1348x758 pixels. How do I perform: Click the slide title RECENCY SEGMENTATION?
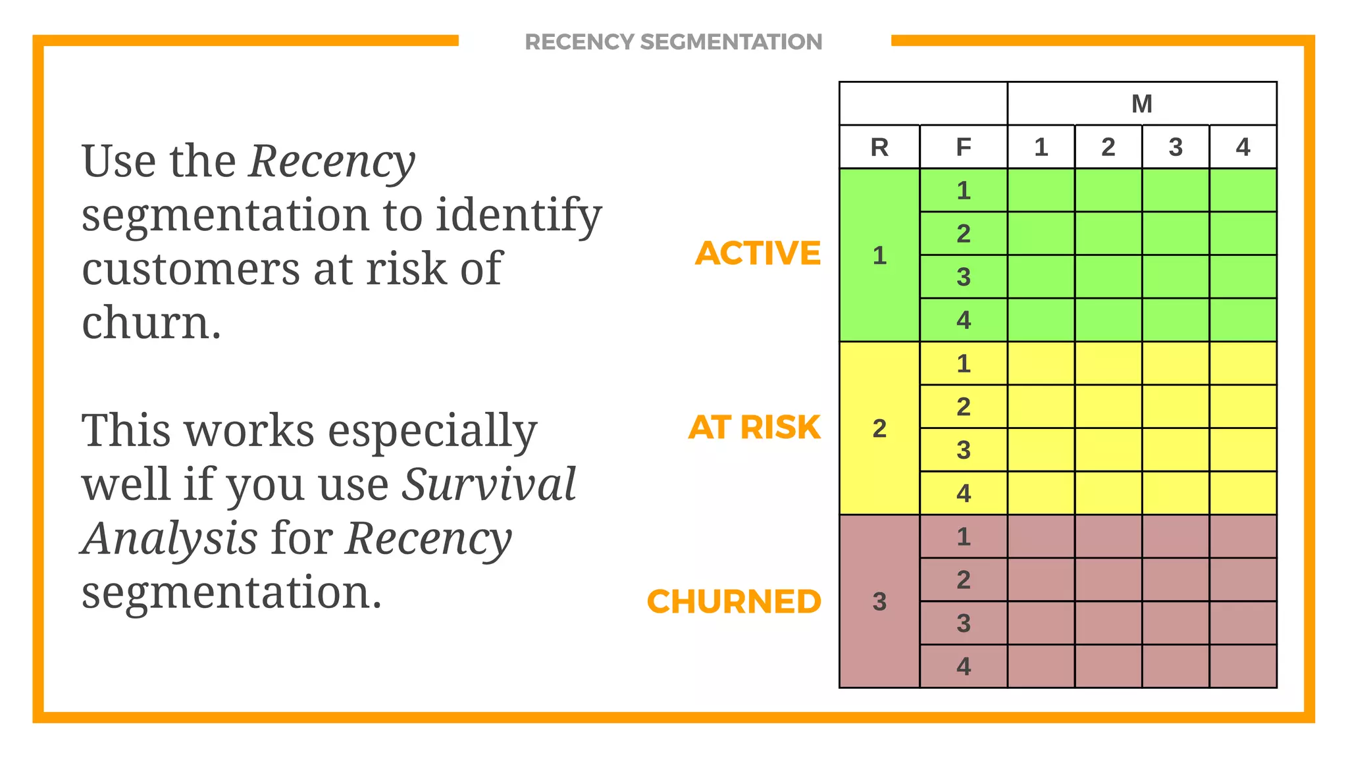(x=673, y=42)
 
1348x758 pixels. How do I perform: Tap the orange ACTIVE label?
(x=758, y=253)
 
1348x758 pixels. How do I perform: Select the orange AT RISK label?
(x=754, y=428)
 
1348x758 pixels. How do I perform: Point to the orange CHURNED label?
(x=734, y=601)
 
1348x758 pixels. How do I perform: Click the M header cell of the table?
(x=1141, y=104)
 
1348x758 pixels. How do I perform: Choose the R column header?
(x=879, y=147)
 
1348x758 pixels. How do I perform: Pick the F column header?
(x=963, y=147)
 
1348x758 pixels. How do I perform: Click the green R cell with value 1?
(x=879, y=255)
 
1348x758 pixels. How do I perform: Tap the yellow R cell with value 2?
(x=879, y=428)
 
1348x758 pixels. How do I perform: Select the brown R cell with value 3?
(x=879, y=601)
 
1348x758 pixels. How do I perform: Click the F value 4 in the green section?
(x=963, y=320)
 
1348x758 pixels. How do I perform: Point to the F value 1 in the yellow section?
(x=963, y=364)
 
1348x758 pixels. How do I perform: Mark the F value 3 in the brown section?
(x=963, y=623)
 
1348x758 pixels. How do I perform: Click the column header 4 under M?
(x=1243, y=147)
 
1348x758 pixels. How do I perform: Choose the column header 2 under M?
(x=1108, y=147)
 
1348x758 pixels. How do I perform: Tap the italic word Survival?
(x=489, y=485)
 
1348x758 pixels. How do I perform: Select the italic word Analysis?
(x=169, y=539)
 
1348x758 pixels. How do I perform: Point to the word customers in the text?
(x=191, y=270)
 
